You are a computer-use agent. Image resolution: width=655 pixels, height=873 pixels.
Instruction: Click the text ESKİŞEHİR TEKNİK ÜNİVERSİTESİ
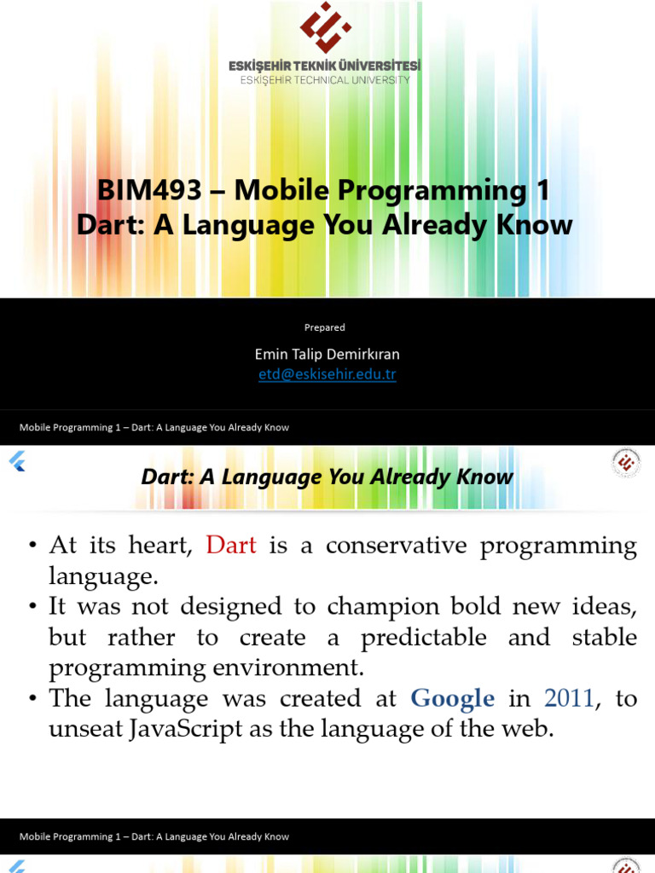point(325,66)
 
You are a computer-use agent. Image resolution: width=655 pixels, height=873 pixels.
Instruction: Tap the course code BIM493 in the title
point(149,190)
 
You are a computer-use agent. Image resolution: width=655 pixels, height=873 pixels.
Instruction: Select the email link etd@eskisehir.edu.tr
point(327,374)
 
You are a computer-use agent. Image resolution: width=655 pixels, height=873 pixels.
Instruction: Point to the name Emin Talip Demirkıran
point(327,354)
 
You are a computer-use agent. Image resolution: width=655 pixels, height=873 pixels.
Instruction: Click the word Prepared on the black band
point(325,327)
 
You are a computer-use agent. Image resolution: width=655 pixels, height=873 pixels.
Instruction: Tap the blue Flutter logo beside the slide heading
point(17,461)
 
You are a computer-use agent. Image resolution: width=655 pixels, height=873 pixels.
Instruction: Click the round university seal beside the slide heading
point(626,463)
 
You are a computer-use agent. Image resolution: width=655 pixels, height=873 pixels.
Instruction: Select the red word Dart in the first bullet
point(231,545)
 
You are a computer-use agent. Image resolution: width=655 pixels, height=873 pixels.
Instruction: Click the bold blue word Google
point(452,699)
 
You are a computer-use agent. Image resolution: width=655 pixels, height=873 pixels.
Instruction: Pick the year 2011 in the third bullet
point(569,698)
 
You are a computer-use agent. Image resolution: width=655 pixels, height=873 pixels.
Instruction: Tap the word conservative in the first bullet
point(397,545)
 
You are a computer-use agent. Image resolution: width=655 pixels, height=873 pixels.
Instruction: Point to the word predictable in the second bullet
point(424,638)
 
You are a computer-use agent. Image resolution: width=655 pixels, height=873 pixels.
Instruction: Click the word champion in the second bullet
point(383,607)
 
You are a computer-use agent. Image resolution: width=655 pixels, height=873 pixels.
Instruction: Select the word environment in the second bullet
point(288,668)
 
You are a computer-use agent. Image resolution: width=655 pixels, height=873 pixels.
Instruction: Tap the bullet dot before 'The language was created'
point(33,699)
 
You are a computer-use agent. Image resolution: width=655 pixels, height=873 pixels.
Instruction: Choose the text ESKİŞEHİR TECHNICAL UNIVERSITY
point(325,80)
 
